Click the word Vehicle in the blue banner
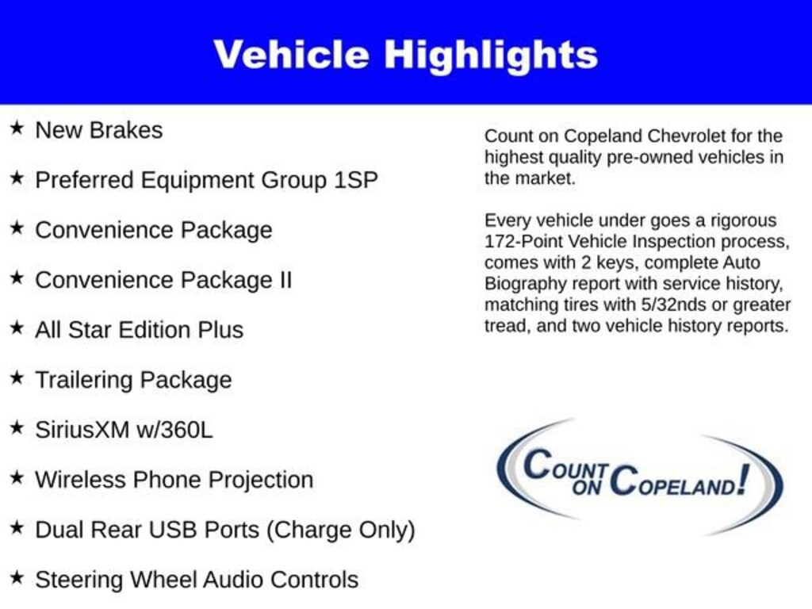click(292, 54)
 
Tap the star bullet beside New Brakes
click(17, 128)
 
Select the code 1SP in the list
click(356, 180)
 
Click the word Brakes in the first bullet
click(126, 130)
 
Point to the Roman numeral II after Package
click(285, 280)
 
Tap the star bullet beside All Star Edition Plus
click(17, 327)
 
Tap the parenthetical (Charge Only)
click(341, 530)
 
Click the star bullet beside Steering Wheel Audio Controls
click(17, 577)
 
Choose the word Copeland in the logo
click(673, 481)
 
